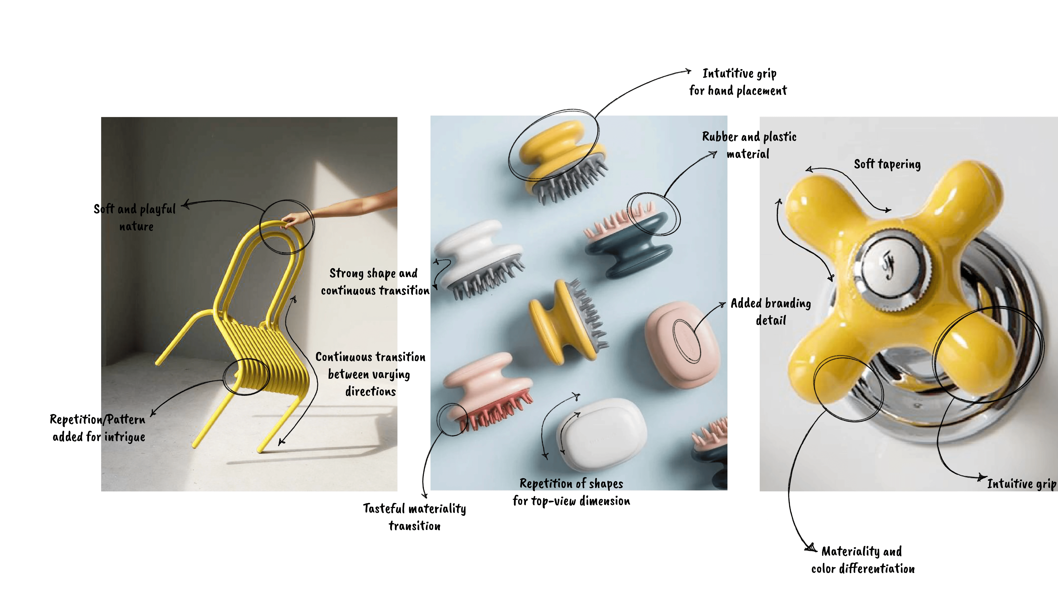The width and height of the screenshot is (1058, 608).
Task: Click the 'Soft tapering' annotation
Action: coord(887,164)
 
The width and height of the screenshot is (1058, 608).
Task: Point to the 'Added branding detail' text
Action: coord(771,312)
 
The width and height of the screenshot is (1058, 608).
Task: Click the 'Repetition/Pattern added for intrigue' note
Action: coord(98,428)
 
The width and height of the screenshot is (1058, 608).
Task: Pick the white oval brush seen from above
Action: coord(601,434)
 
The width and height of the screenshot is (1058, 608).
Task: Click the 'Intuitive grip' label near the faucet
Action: coord(1021,484)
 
